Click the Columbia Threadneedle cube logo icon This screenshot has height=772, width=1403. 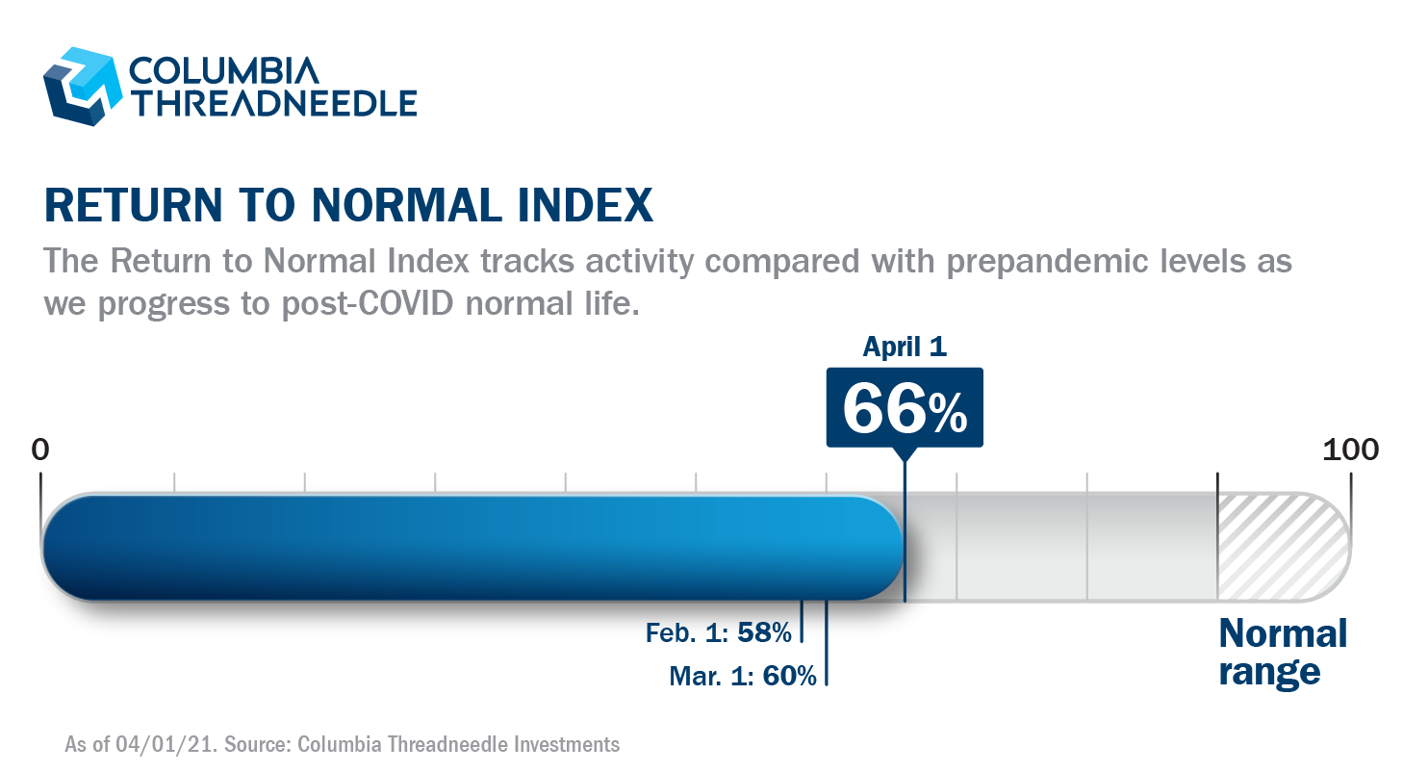point(81,86)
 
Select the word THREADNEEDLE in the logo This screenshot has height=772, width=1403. point(272,102)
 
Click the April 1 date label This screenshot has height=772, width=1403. point(905,347)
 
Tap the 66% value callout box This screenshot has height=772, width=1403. point(905,408)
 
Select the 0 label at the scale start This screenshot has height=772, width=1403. point(39,450)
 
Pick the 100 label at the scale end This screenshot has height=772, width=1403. point(1350,450)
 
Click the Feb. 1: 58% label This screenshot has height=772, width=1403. point(719,632)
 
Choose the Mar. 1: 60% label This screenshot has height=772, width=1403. point(743,676)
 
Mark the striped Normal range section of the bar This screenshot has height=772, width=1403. point(1280,547)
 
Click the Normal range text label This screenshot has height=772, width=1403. point(1282,653)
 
